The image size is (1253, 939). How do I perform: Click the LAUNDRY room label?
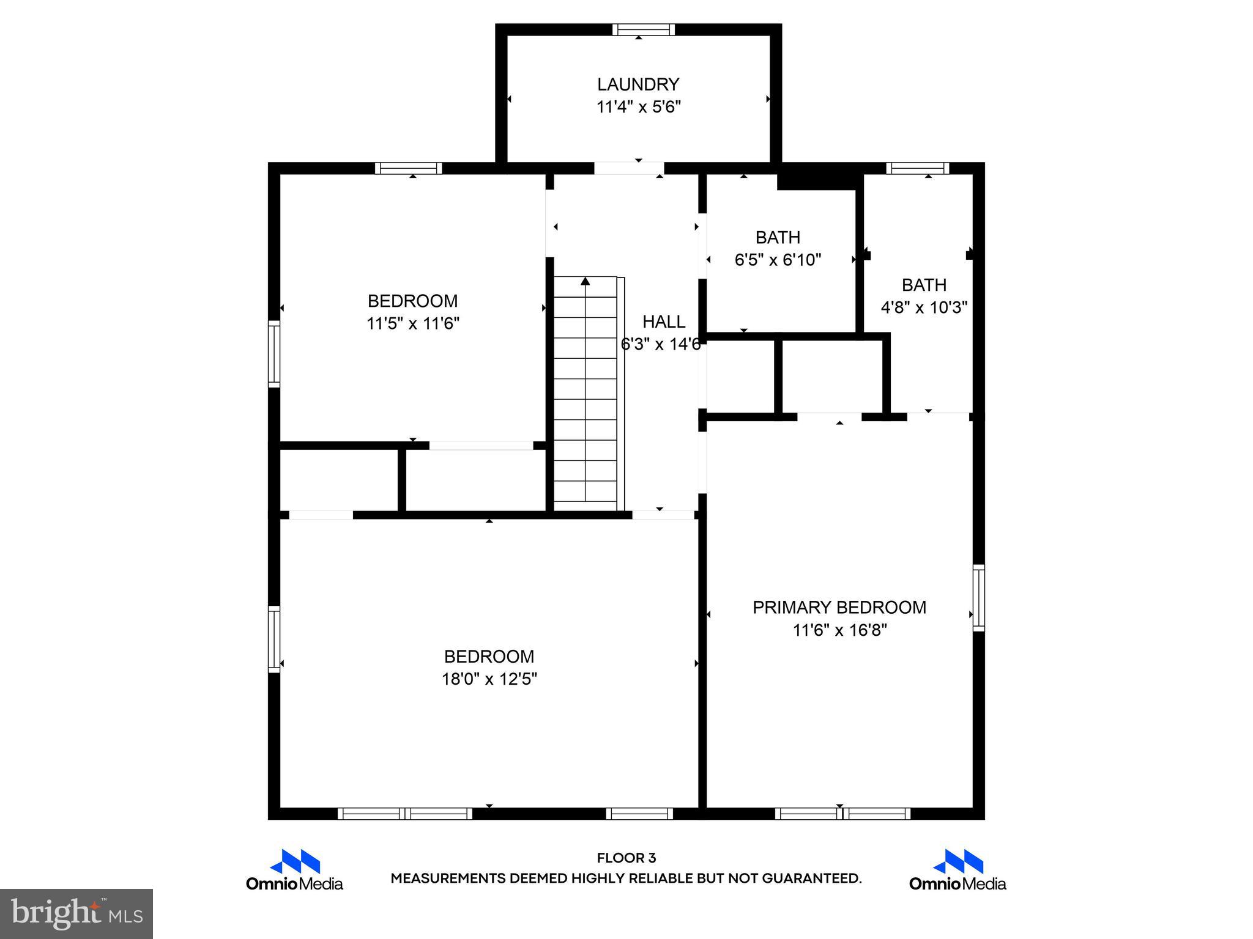coord(638,84)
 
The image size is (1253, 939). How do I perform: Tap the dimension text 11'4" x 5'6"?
coord(638,108)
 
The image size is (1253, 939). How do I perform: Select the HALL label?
coord(663,322)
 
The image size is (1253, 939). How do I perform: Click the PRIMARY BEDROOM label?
coord(839,607)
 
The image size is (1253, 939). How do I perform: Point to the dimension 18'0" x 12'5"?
coord(489,679)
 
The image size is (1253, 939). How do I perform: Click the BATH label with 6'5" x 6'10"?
coord(777,237)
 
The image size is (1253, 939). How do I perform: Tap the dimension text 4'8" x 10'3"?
coord(923,307)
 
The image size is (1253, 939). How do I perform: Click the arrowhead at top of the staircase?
coord(586,281)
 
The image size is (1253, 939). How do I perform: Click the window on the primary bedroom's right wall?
coord(978,598)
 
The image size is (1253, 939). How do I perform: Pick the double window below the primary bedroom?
coord(842,814)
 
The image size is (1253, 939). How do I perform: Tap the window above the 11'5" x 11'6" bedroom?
coord(408,168)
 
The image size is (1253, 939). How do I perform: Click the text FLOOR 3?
coord(626,858)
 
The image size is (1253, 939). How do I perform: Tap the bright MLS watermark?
coord(76,914)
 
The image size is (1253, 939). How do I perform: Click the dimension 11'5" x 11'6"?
coord(412,323)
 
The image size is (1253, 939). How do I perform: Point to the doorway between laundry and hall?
coord(629,168)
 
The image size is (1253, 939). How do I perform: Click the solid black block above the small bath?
coord(817,180)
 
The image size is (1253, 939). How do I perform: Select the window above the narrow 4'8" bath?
coord(917,168)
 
